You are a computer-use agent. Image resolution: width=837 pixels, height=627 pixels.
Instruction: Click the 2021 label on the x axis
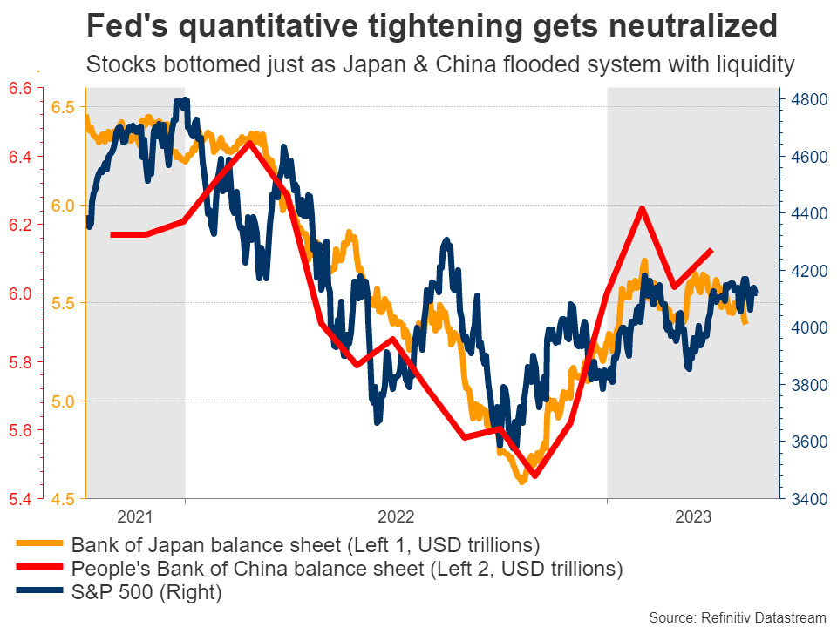[x=134, y=516]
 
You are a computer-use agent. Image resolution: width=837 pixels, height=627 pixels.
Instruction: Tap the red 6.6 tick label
[x=21, y=88]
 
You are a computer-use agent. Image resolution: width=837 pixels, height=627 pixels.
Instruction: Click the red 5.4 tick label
[x=21, y=499]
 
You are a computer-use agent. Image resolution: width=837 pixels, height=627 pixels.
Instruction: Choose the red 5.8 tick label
[x=21, y=362]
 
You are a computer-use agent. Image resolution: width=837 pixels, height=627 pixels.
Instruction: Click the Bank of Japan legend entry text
[x=306, y=546]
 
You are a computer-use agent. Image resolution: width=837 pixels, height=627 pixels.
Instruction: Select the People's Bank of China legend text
[x=347, y=570]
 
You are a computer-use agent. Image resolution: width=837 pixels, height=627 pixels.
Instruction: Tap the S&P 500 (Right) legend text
[x=146, y=593]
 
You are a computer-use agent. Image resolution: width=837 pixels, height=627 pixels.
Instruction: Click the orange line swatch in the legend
[x=38, y=546]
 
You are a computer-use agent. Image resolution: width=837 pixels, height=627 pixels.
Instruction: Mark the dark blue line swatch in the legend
[x=38, y=593]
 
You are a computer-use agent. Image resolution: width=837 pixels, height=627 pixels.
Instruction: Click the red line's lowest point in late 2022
[x=535, y=475]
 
